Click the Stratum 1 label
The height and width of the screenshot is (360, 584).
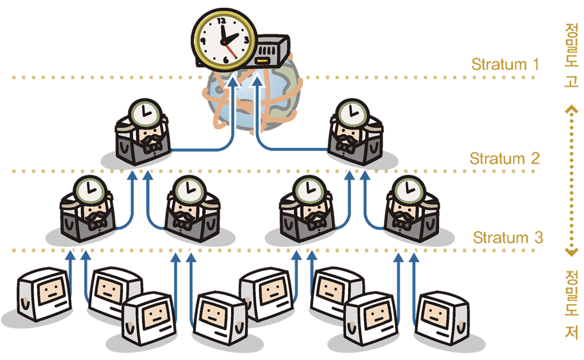tap(505, 64)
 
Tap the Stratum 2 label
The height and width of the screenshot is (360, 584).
tap(504, 158)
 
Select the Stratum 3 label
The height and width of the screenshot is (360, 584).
tap(507, 238)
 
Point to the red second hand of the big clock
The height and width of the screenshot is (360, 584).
tap(230, 51)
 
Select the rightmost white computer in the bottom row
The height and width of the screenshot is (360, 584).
tap(443, 317)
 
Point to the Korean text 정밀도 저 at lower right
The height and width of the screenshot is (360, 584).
tap(571, 305)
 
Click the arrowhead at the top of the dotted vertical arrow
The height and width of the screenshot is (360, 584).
tap(571, 110)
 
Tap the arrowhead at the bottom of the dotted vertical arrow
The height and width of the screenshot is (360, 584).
tap(571, 252)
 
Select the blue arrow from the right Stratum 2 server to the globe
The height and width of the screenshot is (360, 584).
tap(290, 148)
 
